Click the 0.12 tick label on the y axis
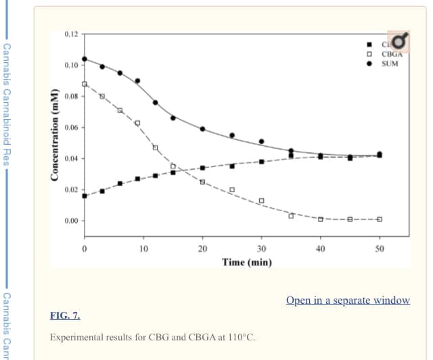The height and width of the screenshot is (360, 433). (x=70, y=34)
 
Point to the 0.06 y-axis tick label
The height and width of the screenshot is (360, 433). (x=70, y=127)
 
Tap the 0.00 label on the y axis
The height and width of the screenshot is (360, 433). (x=70, y=221)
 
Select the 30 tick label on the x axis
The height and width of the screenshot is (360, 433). (x=261, y=248)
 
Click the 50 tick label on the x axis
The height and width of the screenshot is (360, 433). (x=380, y=248)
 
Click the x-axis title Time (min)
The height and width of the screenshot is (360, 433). (x=246, y=262)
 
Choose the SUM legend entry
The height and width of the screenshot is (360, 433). (x=390, y=64)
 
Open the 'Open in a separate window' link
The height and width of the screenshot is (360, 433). (x=348, y=300)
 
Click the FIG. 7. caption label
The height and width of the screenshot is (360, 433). (x=65, y=315)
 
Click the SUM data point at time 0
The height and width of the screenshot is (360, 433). (x=85, y=59)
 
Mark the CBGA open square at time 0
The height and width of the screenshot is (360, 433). (x=85, y=84)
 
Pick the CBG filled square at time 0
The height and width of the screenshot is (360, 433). (x=85, y=196)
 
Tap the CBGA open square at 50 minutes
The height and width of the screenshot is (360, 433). (x=380, y=219)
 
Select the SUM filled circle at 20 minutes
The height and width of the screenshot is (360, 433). (x=202, y=129)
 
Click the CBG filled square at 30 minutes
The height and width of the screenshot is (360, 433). (x=261, y=162)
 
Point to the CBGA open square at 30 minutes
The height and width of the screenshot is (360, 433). (x=261, y=200)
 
